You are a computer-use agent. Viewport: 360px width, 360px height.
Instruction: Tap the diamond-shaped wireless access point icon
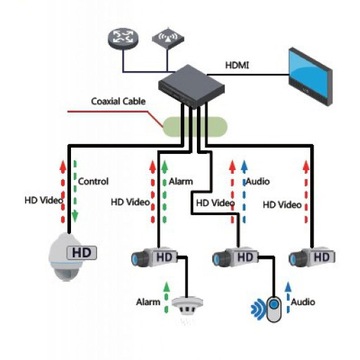[166, 39]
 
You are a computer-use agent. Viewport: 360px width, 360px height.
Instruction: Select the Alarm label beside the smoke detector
[148, 300]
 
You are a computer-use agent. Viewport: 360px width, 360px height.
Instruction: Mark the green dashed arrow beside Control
[73, 190]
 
